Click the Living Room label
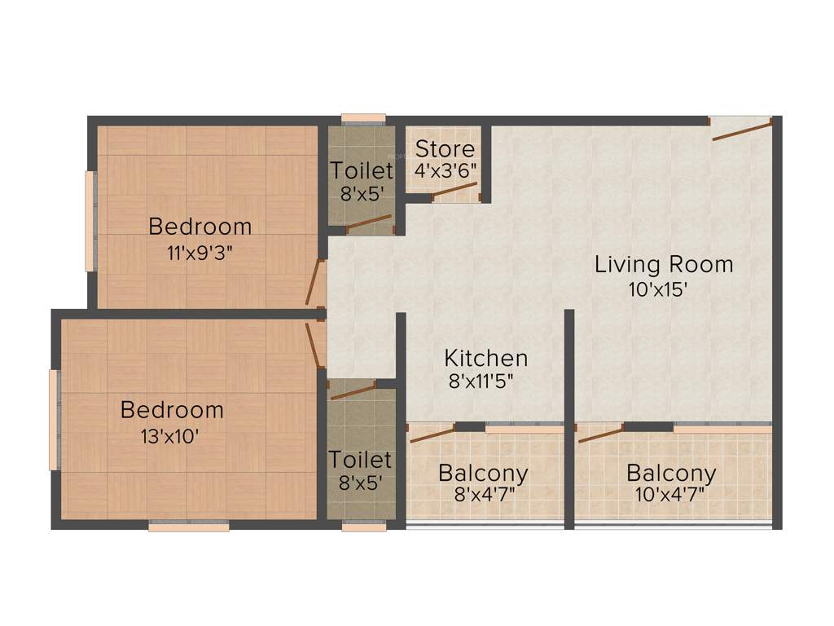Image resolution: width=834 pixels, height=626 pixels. tap(663, 264)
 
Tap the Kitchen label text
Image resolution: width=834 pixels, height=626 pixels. tap(485, 358)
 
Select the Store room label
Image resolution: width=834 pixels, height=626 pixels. tap(445, 149)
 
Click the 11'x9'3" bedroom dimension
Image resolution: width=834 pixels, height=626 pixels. tap(200, 253)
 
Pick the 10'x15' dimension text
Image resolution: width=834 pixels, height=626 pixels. tap(663, 289)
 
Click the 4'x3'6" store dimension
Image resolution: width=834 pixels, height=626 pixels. tap(445, 172)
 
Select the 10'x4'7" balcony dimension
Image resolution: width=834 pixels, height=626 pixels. tap(670, 494)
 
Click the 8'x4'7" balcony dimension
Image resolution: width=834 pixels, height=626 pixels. tap(483, 494)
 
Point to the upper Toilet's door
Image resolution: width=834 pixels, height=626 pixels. tap(369, 224)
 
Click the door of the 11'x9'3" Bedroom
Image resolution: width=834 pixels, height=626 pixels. tap(314, 283)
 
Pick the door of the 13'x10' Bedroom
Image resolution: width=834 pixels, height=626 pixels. tap(314, 345)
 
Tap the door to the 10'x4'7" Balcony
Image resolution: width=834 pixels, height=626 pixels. tap(601, 433)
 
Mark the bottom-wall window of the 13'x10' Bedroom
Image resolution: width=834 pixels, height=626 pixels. tap(189, 526)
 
